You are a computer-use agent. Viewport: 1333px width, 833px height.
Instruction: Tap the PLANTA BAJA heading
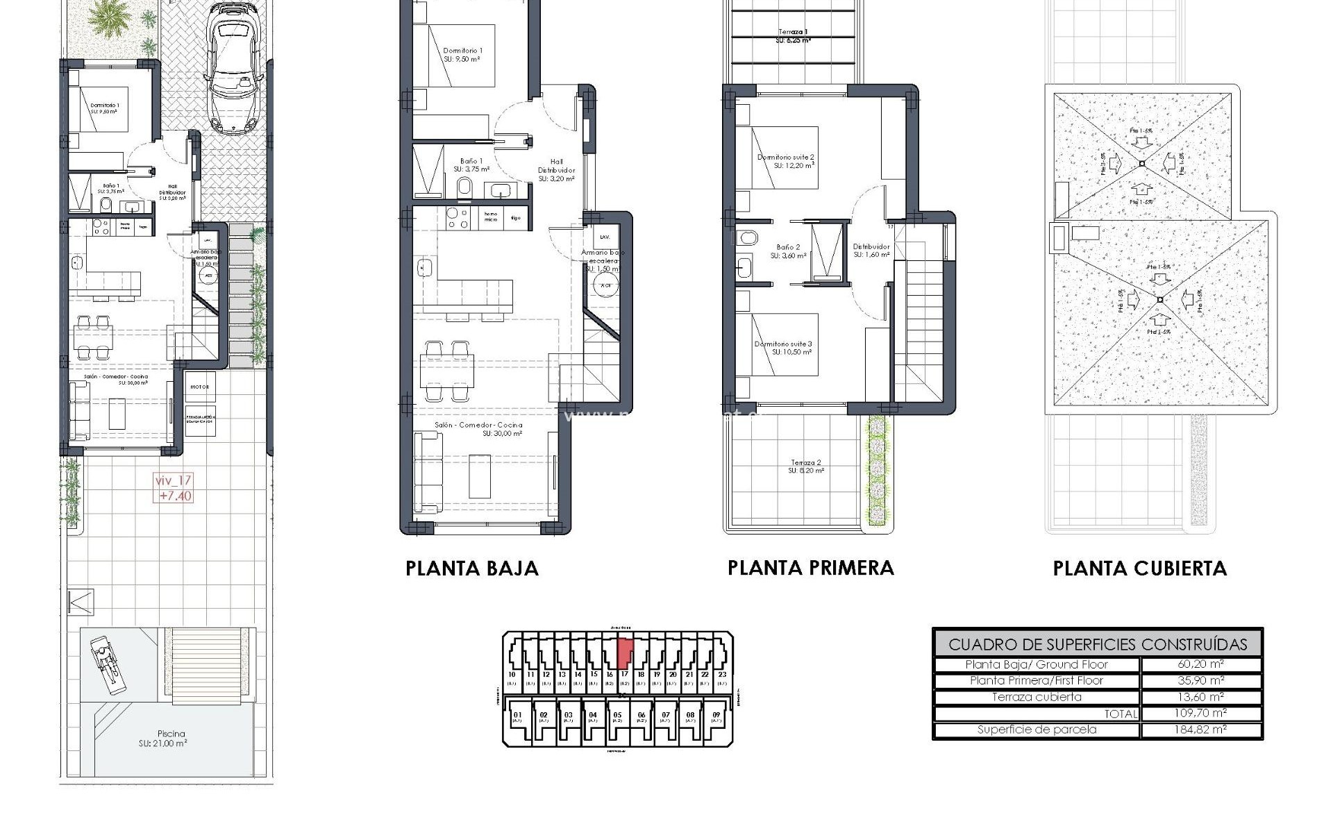[x=472, y=569]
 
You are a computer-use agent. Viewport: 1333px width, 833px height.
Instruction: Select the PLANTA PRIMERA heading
[x=810, y=568]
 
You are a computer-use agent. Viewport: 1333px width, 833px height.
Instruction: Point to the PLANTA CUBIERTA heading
[x=1139, y=569]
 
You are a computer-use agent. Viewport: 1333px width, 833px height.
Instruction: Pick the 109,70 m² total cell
[x=1200, y=713]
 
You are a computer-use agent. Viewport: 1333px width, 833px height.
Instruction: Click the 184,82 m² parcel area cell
[x=1200, y=730]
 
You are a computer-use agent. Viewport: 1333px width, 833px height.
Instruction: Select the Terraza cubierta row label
[x=1036, y=697]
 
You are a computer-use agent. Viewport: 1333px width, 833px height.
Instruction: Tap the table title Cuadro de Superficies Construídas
[x=1097, y=644]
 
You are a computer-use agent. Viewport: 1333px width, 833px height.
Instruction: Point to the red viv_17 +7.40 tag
[x=174, y=488]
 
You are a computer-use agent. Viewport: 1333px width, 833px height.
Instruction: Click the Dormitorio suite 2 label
[x=785, y=161]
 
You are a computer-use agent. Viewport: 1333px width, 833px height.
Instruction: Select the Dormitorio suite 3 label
[x=783, y=348]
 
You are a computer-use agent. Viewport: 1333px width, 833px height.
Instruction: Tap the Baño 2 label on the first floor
[x=788, y=251]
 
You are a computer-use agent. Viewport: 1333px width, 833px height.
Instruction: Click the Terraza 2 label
[x=805, y=466]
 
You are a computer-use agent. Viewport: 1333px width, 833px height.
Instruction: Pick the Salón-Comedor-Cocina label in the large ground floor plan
[x=478, y=429]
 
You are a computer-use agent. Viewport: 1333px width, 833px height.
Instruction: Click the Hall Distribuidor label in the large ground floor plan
[x=556, y=170]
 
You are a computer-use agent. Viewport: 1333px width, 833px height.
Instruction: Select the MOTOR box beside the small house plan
[x=200, y=387]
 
